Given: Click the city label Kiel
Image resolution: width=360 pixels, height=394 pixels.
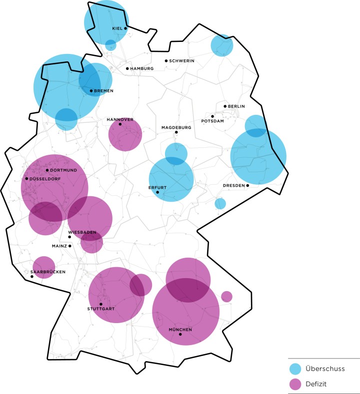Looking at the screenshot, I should pyautogui.click(x=117, y=29).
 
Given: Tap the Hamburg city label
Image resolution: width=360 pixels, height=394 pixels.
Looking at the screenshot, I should pyautogui.click(x=141, y=68).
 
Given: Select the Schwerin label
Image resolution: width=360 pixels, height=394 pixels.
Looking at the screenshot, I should pyautogui.click(x=181, y=61).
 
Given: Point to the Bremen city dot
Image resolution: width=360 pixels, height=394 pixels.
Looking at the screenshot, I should pyautogui.click(x=91, y=91).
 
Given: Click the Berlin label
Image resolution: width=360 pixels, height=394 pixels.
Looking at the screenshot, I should pyautogui.click(x=236, y=106).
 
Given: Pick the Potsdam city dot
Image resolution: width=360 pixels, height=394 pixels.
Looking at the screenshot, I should pyautogui.click(x=212, y=116).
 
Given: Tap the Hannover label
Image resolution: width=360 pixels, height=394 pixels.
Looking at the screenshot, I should pyautogui.click(x=119, y=120).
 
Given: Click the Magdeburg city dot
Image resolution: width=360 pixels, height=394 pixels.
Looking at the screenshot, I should pyautogui.click(x=176, y=132).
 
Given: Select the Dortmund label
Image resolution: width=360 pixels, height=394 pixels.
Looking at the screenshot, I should pyautogui.click(x=63, y=170).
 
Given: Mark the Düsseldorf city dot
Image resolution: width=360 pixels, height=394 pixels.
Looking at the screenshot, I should pyautogui.click(x=26, y=179).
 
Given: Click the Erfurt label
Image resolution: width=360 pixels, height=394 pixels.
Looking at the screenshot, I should pyautogui.click(x=157, y=188).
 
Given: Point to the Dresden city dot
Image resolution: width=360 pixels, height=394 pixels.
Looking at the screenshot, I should pyautogui.click(x=247, y=185).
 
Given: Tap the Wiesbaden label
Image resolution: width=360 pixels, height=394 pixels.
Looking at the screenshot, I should pyautogui.click(x=82, y=232).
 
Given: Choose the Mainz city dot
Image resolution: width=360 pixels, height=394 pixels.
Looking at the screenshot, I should pyautogui.click(x=70, y=246).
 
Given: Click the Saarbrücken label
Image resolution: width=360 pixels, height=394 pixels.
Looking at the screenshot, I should pyautogui.click(x=48, y=272).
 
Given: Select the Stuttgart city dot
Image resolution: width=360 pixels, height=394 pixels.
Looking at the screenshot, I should pyautogui.click(x=101, y=304).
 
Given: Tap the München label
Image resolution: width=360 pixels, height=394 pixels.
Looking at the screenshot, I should pyautogui.click(x=180, y=330).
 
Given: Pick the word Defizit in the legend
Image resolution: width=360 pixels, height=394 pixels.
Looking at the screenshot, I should pyautogui.click(x=318, y=384).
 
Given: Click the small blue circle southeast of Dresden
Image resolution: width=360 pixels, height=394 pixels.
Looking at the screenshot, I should pyautogui.click(x=220, y=203).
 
